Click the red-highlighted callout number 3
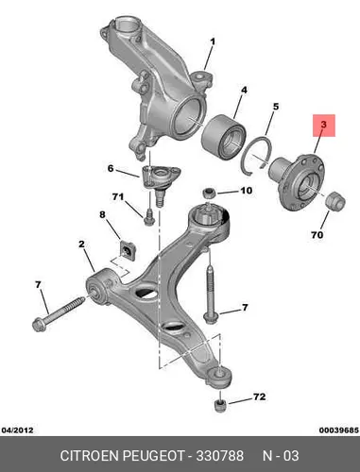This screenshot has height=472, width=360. click(x=324, y=125)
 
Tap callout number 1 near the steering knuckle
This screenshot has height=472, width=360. click(x=213, y=42)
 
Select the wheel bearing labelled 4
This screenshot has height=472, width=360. click(x=223, y=137)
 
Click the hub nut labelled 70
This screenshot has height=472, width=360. click(x=335, y=201)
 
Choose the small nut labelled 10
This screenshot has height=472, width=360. click(x=209, y=193)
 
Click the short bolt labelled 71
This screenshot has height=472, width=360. click(x=149, y=217)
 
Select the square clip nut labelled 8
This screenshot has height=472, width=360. click(x=129, y=250)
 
